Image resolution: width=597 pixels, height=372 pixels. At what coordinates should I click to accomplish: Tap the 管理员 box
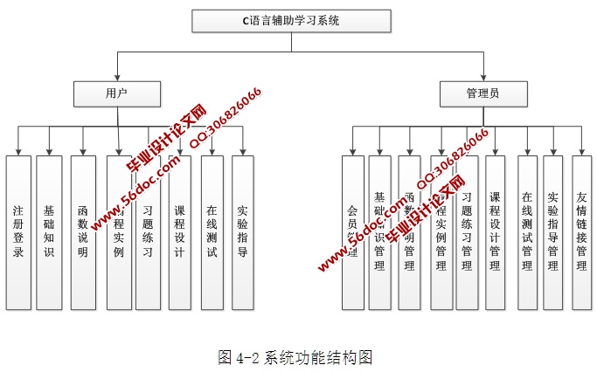pos(482,92)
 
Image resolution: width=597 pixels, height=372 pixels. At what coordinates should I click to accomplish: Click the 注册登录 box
pos(18,233)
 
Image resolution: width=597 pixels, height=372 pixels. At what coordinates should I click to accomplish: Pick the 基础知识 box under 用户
pos(49,233)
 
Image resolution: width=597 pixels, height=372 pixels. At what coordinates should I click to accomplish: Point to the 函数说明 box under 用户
pos(83,233)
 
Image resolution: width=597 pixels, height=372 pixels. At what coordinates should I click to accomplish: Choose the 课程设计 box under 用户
pos(178,233)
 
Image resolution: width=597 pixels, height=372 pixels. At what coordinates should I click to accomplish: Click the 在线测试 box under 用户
pos(212,233)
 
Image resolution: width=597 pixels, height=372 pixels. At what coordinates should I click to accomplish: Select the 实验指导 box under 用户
pos(243,233)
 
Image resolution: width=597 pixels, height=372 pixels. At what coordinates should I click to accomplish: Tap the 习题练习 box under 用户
pos(148,233)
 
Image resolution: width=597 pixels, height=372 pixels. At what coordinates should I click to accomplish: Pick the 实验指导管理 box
pos(552,233)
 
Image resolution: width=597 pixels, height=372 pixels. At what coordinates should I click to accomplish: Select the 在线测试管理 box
pos(526,233)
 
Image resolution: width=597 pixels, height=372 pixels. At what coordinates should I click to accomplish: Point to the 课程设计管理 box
pos(495,233)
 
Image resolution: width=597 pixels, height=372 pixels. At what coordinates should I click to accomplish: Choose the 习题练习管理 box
pos(467,233)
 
